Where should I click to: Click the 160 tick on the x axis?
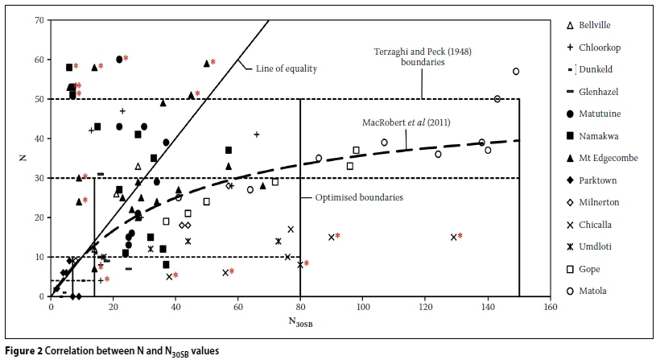[x=551, y=307]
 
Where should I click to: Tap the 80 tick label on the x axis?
[x=300, y=307]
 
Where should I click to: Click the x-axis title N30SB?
[x=300, y=323]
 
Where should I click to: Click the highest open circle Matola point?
[x=516, y=72]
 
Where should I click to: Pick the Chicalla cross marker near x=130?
[x=454, y=237]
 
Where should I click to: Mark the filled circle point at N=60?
[x=119, y=60]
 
